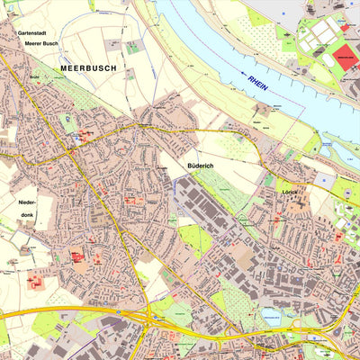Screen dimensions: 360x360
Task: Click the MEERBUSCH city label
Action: point(89,67)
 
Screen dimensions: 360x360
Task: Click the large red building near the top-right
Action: point(346,58)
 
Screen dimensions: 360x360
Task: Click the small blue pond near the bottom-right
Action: point(270,315)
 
